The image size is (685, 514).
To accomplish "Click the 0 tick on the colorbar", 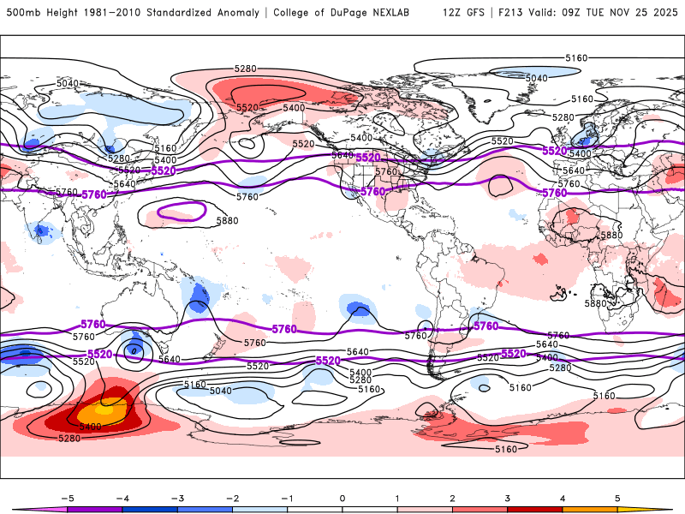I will (342, 497).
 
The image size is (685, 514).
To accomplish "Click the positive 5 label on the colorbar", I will (617, 497).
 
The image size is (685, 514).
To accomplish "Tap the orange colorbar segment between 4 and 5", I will (590, 509).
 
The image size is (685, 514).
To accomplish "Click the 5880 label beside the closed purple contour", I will (227, 221).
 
